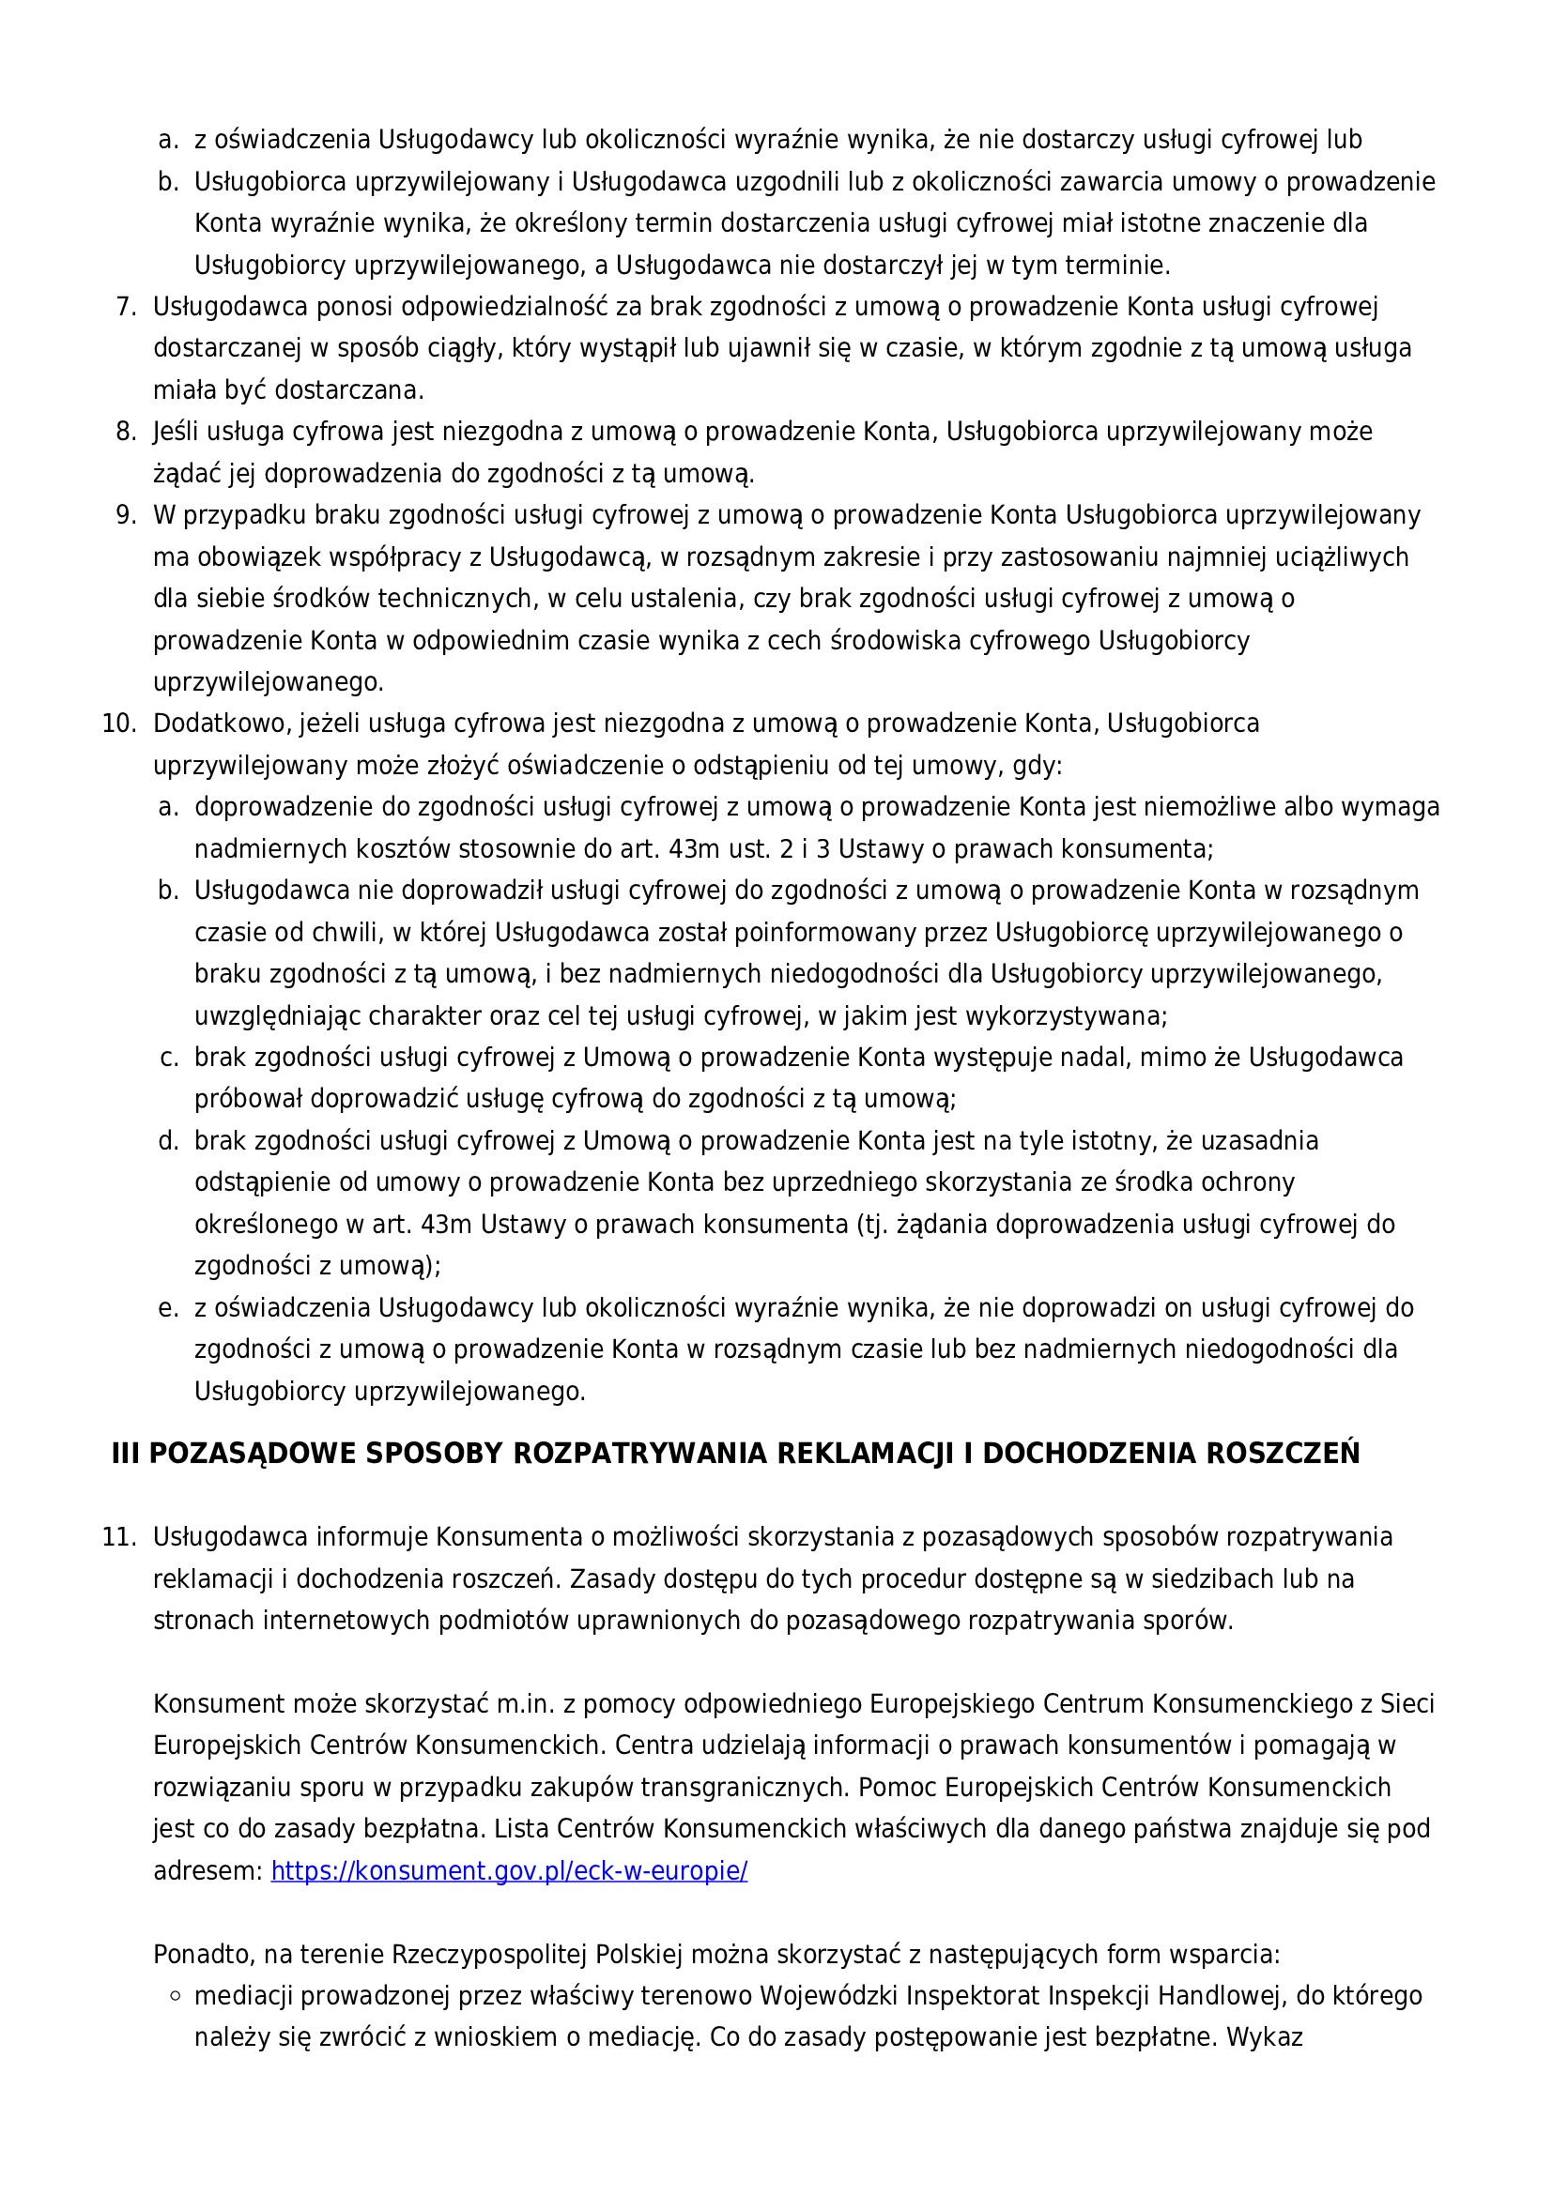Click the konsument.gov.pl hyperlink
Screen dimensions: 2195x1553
(509, 1871)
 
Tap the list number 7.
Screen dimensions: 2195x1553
(126, 307)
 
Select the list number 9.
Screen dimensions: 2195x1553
(126, 515)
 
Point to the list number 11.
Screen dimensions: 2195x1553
(118, 1537)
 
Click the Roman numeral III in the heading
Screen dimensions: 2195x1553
(125, 1454)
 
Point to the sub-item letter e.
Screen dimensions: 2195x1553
(168, 1309)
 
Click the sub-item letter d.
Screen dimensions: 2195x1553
(168, 1141)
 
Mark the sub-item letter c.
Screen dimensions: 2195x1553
(168, 1059)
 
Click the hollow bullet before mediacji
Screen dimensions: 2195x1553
(174, 1996)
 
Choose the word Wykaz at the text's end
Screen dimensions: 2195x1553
(1264, 2037)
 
